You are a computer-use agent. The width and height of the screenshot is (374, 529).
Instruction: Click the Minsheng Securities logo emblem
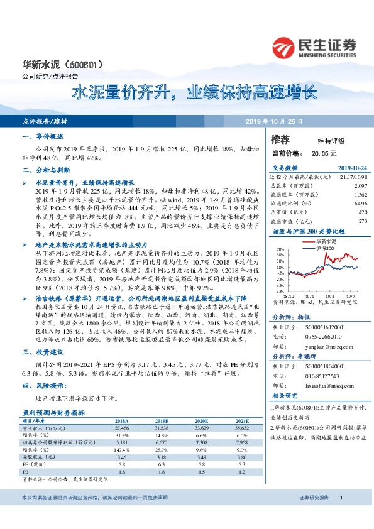click(x=283, y=46)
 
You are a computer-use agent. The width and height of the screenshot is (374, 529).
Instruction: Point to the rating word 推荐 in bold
click(x=281, y=139)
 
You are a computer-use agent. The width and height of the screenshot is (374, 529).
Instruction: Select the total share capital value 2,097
click(x=361, y=187)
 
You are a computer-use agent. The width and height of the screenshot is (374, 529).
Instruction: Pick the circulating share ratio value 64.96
click(x=360, y=204)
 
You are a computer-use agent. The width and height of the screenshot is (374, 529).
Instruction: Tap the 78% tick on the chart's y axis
click(x=279, y=249)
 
